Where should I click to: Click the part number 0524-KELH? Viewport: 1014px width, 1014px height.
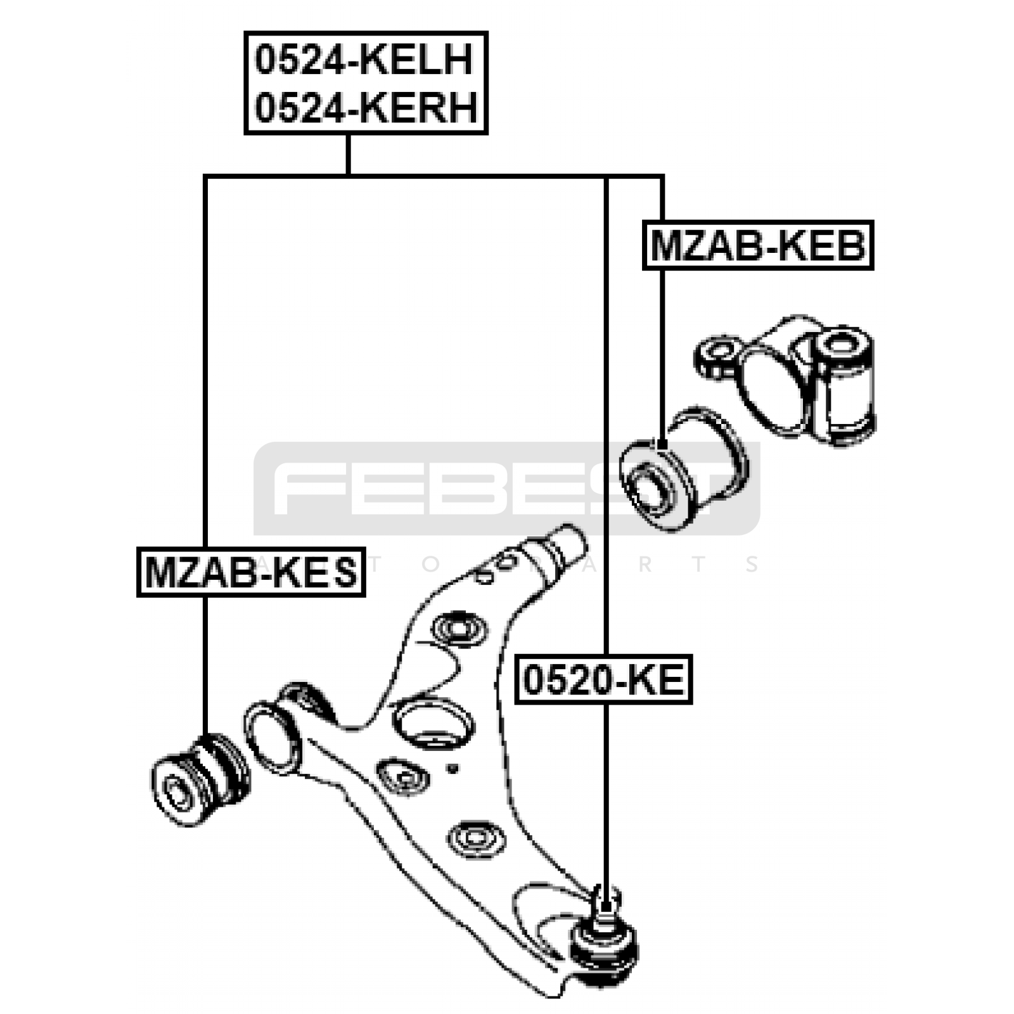click(364, 60)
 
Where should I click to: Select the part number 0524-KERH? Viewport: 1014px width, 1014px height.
click(366, 108)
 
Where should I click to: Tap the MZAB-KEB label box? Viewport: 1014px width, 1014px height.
click(758, 245)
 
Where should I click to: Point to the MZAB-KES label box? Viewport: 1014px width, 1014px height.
click(252, 572)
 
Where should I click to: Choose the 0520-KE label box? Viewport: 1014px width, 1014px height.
click(603, 680)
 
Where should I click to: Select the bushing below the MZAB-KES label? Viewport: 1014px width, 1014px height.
click(199, 778)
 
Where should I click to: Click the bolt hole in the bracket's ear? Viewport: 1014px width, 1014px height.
click(719, 349)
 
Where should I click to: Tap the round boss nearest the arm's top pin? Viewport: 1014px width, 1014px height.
click(459, 629)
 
